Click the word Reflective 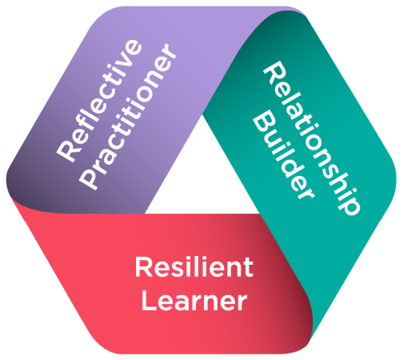pyautogui.click(x=99, y=101)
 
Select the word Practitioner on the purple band pyautogui.click(x=129, y=116)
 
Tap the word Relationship pyautogui.click(x=312, y=138)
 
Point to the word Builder pyautogui.click(x=283, y=155)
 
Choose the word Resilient pyautogui.click(x=194, y=267)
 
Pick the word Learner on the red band pyautogui.click(x=194, y=301)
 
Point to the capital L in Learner pyautogui.click(x=149, y=301)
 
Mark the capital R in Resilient pyautogui.click(x=144, y=267)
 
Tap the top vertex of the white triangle pyautogui.click(x=202, y=114)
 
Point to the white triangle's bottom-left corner pyautogui.click(x=145, y=214)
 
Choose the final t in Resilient pyautogui.click(x=248, y=268)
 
